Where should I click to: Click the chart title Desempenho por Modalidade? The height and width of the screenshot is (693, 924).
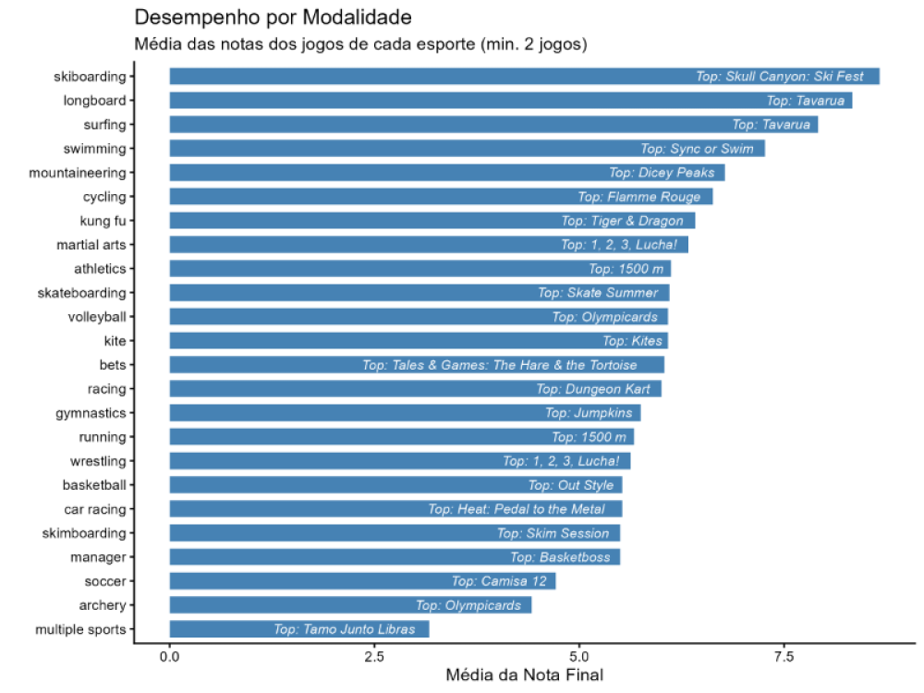pos(274,18)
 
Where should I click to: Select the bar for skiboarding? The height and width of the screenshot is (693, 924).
pos(416,77)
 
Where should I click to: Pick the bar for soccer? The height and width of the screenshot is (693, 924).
pos(305,581)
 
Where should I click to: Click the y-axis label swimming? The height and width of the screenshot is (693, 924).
pos(94,149)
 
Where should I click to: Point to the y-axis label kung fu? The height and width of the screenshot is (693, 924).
pos(103,221)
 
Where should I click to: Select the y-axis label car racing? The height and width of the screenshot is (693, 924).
pos(94,509)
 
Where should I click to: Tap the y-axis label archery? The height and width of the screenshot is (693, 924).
pos(102,605)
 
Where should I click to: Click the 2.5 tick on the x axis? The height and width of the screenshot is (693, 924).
pos(374,656)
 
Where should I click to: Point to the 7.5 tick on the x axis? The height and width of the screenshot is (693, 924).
pos(784,656)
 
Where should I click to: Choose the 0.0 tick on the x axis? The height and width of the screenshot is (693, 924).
pos(169,656)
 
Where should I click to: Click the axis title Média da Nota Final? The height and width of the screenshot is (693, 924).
pos(524,675)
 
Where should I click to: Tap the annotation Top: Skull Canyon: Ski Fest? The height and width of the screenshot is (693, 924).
pos(780,77)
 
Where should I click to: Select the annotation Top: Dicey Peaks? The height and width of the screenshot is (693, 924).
pos(662,173)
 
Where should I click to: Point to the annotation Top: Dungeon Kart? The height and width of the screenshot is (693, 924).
pos(593,389)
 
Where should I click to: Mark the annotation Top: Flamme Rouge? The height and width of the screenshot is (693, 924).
pos(639,197)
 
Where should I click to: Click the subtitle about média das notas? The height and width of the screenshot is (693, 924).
pos(361,43)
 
